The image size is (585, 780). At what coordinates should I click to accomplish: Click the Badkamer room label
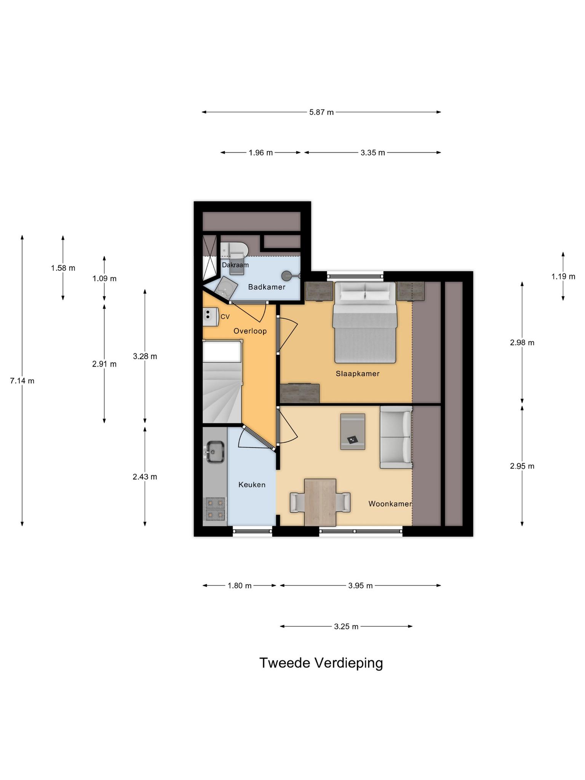pyautogui.click(x=267, y=287)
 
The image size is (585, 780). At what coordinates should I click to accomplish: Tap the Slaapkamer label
pyautogui.click(x=358, y=374)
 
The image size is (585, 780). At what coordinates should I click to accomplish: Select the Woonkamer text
pyautogui.click(x=390, y=504)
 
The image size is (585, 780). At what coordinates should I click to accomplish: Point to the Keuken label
pyautogui.click(x=252, y=485)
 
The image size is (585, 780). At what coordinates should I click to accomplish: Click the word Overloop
pyautogui.click(x=250, y=331)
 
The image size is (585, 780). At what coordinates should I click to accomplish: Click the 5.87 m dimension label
pyautogui.click(x=321, y=112)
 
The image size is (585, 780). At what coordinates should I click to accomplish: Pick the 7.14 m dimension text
pyautogui.click(x=22, y=380)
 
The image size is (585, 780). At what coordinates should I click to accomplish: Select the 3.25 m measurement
pyautogui.click(x=346, y=627)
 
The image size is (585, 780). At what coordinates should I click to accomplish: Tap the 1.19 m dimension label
pyautogui.click(x=563, y=277)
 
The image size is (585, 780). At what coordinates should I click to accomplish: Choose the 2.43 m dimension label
pyautogui.click(x=145, y=477)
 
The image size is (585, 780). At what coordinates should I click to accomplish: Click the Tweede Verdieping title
pyautogui.click(x=321, y=663)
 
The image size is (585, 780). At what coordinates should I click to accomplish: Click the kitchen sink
pyautogui.click(x=216, y=452)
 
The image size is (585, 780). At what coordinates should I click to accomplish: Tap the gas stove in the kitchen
pyautogui.click(x=215, y=509)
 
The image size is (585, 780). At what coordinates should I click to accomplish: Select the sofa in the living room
pyautogui.click(x=396, y=437)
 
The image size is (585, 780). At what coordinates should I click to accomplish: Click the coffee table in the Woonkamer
pyautogui.click(x=353, y=432)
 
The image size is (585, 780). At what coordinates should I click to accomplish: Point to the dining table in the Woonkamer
pyautogui.click(x=320, y=502)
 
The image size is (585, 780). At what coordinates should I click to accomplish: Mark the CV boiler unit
pyautogui.click(x=210, y=316)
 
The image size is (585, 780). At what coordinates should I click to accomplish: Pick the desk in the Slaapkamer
pyautogui.click(x=299, y=393)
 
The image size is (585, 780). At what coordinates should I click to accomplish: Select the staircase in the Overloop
pyautogui.click(x=222, y=382)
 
